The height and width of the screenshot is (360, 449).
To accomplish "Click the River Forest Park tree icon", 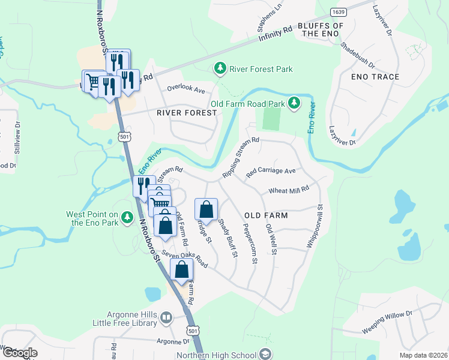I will point(221,69).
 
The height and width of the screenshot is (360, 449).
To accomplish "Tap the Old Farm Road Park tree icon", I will point(294,104).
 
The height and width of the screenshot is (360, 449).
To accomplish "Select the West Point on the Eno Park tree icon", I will point(127,218).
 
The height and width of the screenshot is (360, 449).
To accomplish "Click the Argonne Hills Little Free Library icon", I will point(166,318).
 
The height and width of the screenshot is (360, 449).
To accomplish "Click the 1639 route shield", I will point(338,11).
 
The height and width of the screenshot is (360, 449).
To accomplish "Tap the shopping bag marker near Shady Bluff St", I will point(206,209).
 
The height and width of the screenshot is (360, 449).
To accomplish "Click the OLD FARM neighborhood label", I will point(266,215).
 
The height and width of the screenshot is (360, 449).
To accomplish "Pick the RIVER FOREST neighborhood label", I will point(187,113).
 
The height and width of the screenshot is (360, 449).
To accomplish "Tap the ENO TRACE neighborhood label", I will point(376,77).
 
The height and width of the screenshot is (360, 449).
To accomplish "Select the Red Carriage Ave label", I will point(271,171).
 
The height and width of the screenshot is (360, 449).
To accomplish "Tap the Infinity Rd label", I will point(275,37).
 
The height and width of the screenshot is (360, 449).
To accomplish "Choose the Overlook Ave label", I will point(186,91).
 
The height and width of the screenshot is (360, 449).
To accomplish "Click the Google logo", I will point(19,353).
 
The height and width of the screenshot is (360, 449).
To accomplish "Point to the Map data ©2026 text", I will point(423,355).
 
